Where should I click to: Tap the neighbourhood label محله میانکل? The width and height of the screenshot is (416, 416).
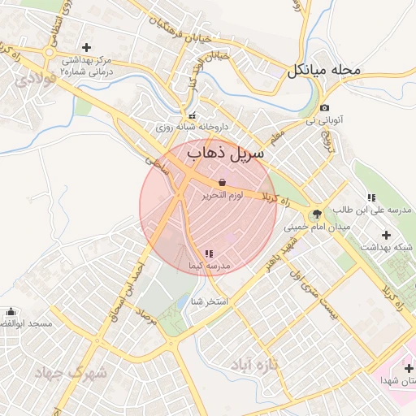click(323, 70)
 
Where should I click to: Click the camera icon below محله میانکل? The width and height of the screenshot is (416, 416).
click(325, 108)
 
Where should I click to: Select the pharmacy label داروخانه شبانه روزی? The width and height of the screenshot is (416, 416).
click(193, 127)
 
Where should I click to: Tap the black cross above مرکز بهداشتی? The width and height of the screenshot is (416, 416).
click(87, 47)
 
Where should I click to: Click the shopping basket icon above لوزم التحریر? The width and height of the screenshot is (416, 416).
click(223, 183)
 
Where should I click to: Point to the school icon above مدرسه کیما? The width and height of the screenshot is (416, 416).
click(210, 253)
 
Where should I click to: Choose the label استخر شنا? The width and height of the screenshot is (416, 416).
click(207, 301)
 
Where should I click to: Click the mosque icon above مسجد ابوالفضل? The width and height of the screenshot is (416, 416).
click(11, 312)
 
